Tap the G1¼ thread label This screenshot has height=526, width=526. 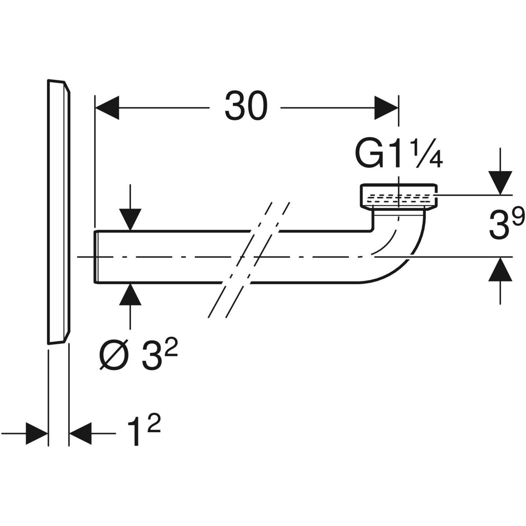click(398, 156)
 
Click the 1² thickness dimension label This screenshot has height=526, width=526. click(143, 432)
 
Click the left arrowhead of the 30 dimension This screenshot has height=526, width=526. click(107, 108)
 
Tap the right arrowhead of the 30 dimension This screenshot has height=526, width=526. click(387, 108)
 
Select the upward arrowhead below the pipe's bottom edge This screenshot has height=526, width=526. click(130, 295)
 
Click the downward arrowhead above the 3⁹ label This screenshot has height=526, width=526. click(500, 183)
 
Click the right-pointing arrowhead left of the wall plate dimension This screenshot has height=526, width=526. click(37, 433)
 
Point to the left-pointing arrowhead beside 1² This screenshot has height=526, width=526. click(80, 433)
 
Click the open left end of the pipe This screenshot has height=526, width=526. click(96, 257)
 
